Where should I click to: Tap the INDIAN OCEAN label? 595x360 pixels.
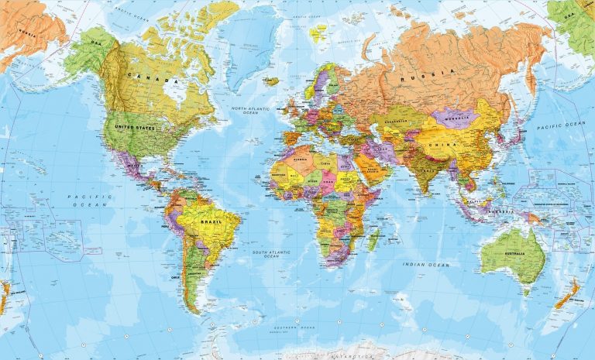click(425, 265)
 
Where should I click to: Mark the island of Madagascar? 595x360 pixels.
click(373, 238)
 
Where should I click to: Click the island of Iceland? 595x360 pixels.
click(270, 81)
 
